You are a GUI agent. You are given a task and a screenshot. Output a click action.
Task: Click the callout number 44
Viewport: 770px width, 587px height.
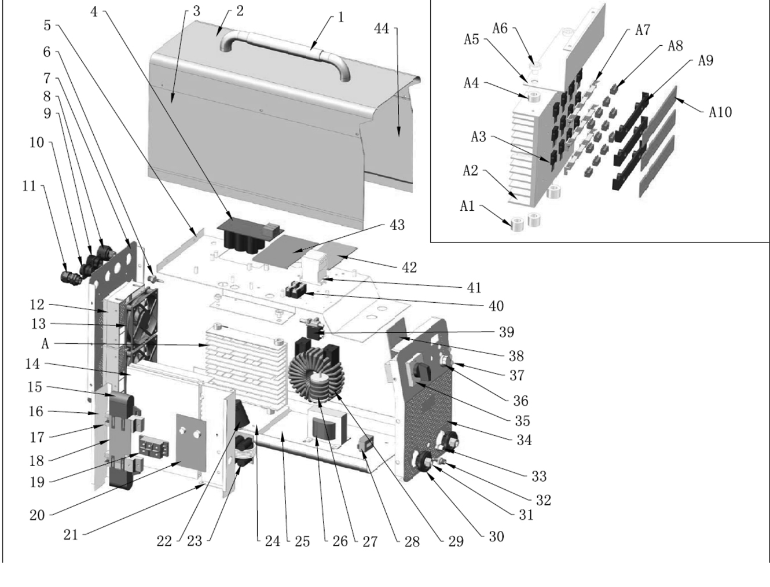click(382, 28)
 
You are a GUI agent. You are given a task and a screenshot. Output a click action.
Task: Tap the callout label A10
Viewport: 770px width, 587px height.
click(720, 111)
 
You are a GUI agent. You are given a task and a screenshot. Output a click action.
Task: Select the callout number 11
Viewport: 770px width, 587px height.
click(29, 186)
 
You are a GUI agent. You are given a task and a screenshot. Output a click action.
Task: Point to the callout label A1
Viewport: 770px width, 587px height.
click(467, 206)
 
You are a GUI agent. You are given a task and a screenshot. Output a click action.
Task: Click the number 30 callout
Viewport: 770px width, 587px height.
click(496, 536)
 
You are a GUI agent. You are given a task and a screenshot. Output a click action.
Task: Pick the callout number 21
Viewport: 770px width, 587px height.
click(70, 534)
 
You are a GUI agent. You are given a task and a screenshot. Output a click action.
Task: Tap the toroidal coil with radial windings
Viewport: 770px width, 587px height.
click(316, 379)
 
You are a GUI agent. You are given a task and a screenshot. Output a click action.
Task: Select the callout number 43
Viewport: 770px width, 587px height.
click(397, 225)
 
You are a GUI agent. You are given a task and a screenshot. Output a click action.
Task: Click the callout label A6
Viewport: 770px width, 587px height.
click(500, 28)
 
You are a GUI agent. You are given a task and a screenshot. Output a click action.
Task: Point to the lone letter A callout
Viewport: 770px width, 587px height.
click(45, 343)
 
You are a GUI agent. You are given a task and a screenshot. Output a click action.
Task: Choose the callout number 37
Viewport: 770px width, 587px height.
click(516, 375)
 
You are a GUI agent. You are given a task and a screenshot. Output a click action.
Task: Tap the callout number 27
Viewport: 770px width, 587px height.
click(369, 541)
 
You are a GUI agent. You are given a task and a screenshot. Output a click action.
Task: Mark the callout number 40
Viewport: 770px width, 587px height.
click(496, 306)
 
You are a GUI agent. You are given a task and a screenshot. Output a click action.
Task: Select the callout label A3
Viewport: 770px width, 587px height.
click(478, 137)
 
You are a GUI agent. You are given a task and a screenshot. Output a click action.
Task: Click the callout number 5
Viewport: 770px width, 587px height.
click(47, 25)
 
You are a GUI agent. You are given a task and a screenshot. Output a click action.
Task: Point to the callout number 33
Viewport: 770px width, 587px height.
click(539, 476)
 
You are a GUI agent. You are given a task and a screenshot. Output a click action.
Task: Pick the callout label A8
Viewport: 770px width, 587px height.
click(675, 46)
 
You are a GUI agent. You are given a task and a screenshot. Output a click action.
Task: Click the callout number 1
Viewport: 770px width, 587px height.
click(340, 17)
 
